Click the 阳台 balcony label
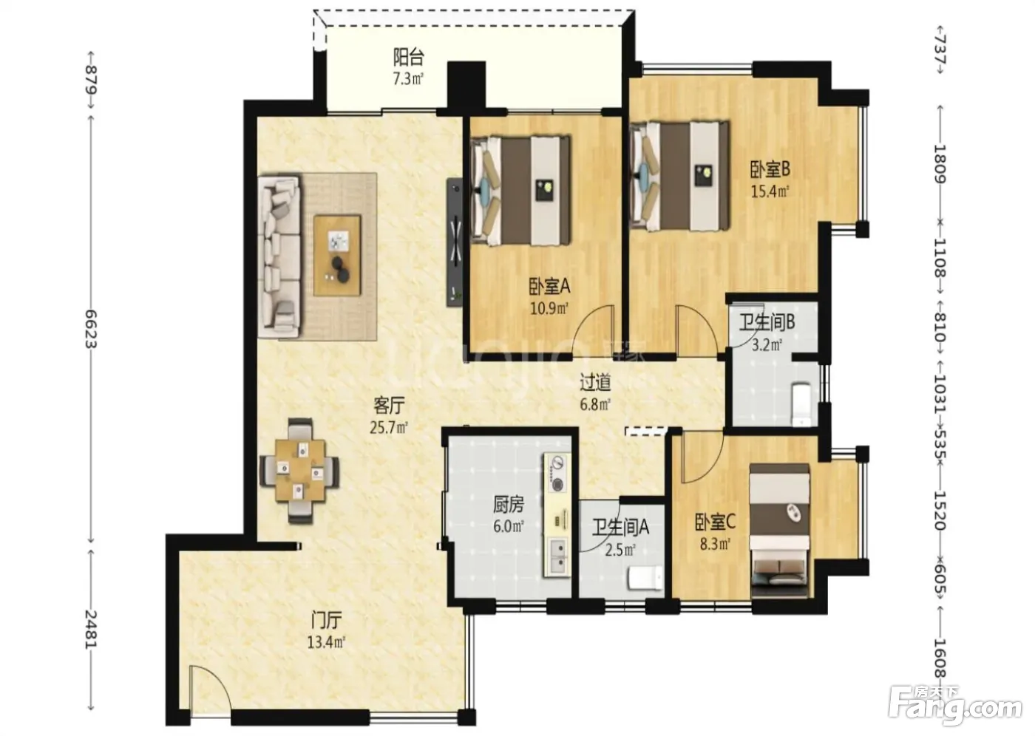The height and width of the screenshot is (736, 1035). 408,58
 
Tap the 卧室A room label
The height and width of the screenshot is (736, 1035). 549,287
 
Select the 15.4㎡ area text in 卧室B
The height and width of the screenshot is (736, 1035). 770,191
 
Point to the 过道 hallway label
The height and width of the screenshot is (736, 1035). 596,382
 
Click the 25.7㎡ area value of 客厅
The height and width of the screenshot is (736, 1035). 389,428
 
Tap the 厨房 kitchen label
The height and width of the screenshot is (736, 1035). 509,505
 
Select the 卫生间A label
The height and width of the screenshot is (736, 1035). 620,527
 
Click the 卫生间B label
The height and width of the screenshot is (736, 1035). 767,322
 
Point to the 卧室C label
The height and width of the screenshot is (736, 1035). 716,522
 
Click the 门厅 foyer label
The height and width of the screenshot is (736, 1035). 326,620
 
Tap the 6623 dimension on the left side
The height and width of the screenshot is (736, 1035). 91,328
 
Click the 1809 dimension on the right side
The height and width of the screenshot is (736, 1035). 940,164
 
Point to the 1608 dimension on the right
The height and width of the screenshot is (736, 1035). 940,658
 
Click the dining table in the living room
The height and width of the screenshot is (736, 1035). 299,471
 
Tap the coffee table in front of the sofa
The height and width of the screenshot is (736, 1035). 337,256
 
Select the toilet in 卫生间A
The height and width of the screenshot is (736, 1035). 644,579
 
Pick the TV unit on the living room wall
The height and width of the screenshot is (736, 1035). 454,242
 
